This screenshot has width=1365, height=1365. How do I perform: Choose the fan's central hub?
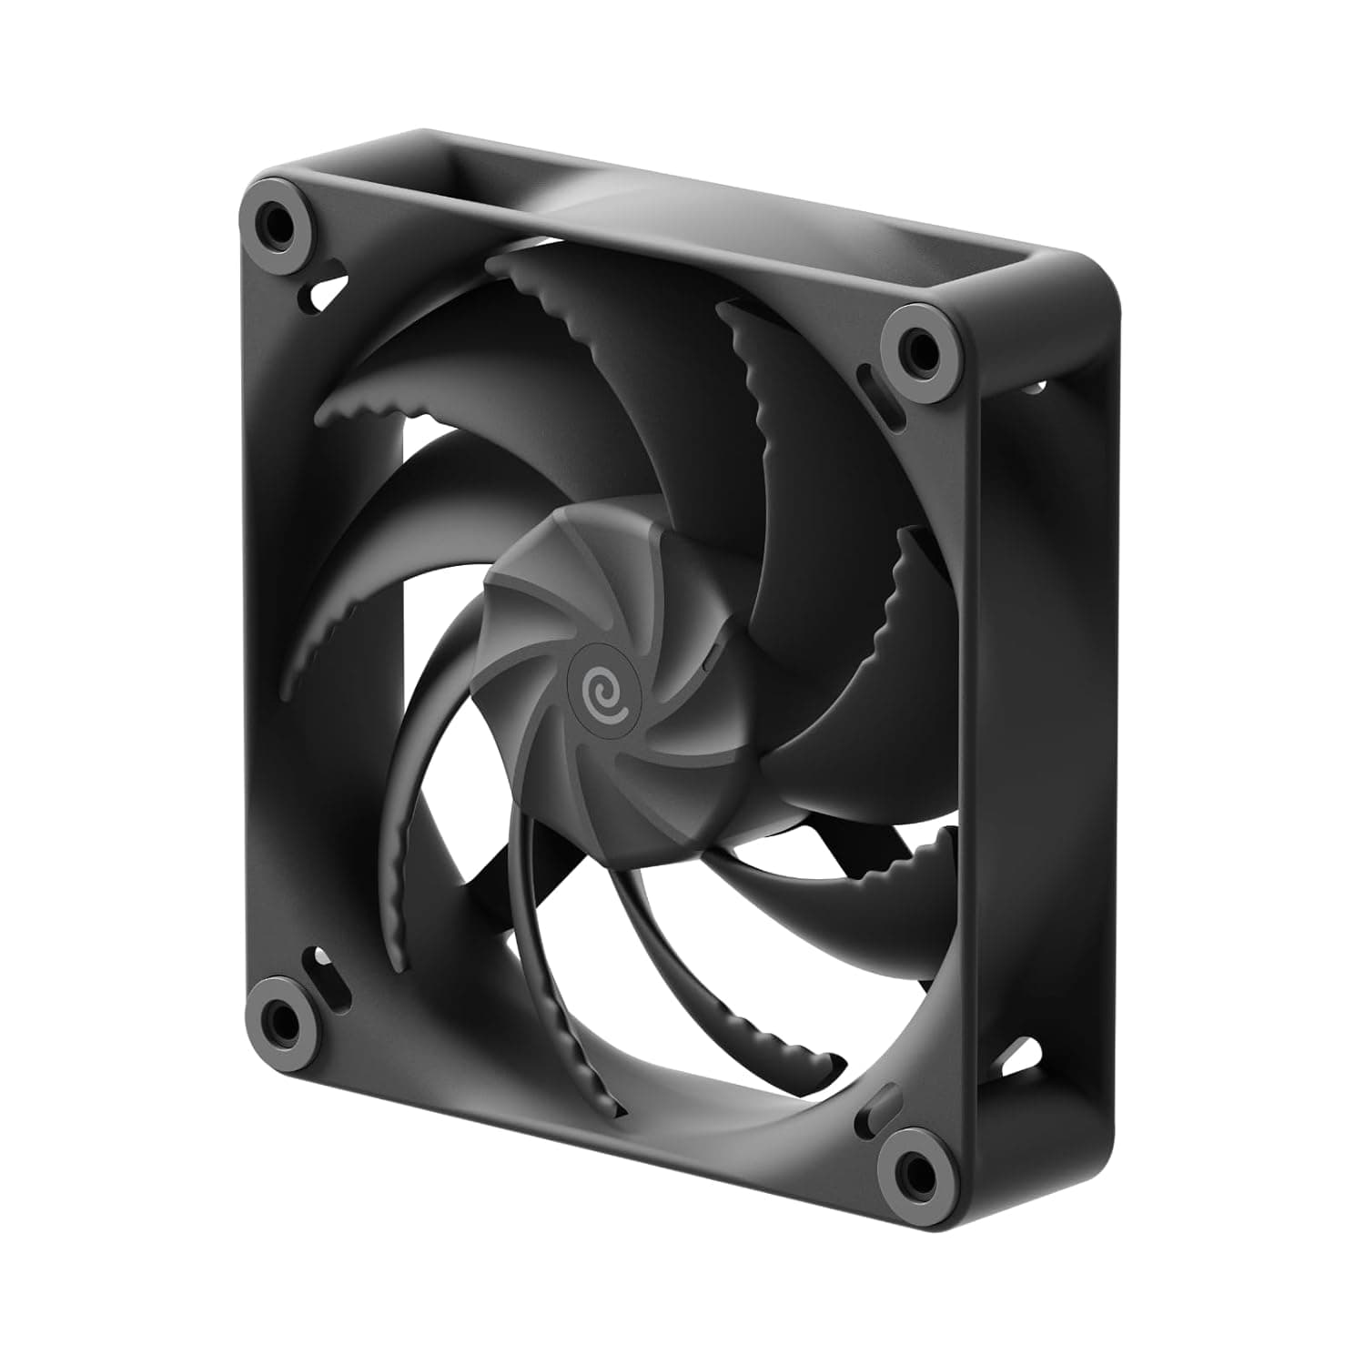pos(619,673)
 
